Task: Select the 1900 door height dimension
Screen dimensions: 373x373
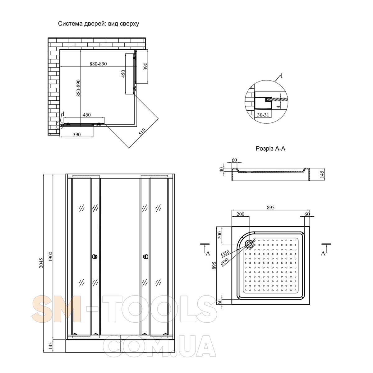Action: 51,257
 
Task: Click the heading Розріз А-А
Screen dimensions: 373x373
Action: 270,149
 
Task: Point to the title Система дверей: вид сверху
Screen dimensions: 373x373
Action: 99,24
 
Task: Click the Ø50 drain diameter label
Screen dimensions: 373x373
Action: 225,253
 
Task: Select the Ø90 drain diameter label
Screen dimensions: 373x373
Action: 225,261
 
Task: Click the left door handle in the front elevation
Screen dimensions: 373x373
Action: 94,257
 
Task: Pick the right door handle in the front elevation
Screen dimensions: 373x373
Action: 145,257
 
